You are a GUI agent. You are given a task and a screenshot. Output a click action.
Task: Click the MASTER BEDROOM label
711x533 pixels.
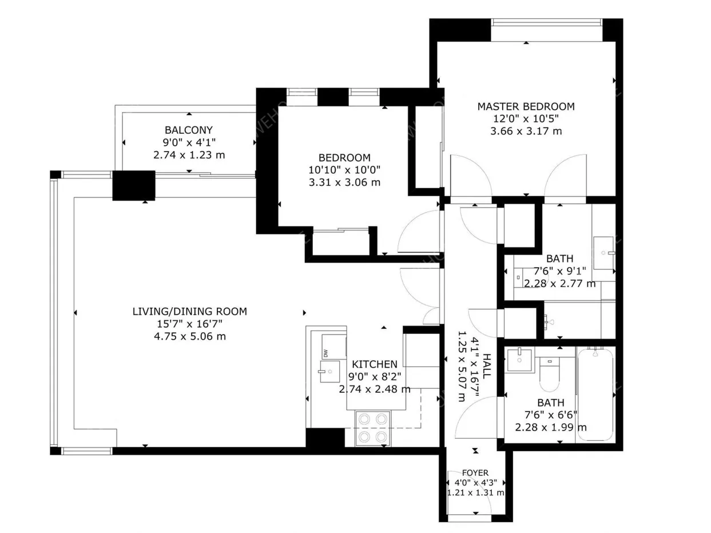click(526, 106)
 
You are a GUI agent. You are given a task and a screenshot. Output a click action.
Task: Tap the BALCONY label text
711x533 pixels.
click(189, 130)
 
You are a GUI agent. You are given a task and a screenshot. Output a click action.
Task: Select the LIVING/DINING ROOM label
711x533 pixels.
click(189, 311)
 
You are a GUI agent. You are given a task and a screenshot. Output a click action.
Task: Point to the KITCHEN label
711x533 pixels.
click(375, 364)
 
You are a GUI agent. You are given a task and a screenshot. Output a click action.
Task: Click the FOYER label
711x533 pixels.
click(475, 473)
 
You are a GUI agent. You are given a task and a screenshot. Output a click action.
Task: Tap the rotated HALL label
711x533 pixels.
click(487, 366)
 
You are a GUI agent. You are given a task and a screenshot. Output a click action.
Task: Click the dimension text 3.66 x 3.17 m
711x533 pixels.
click(526, 131)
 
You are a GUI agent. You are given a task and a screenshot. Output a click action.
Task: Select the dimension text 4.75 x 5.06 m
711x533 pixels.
click(190, 336)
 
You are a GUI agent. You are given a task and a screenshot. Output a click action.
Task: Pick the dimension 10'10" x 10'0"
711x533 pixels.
click(344, 170)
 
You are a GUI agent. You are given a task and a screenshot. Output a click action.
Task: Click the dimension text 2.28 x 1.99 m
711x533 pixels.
click(551, 427)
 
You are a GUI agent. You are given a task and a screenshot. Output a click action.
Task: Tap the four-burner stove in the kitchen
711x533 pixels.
click(372, 428)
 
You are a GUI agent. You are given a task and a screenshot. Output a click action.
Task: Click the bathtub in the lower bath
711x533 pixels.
click(595, 394)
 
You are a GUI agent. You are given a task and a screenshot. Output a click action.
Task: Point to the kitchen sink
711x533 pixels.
click(330, 371)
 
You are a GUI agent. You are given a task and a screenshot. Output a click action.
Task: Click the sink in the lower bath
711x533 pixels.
click(519, 360)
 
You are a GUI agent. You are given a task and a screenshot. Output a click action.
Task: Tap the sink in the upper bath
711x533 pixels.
click(603, 253)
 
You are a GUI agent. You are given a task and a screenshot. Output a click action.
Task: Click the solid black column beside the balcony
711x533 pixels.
click(133, 185)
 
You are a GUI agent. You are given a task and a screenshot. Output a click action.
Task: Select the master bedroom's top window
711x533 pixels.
click(546, 22)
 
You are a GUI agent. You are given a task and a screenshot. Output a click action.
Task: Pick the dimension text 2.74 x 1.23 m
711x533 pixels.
click(189, 155)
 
